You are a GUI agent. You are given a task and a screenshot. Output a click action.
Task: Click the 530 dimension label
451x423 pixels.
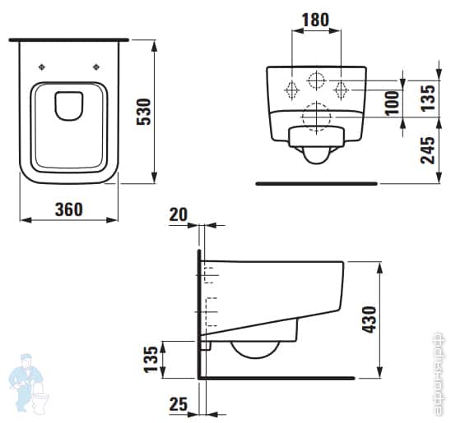(x=142, y=111)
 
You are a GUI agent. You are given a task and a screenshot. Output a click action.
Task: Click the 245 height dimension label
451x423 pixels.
(x=426, y=150)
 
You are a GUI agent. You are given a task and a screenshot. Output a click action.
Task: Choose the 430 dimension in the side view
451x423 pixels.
(x=370, y=321)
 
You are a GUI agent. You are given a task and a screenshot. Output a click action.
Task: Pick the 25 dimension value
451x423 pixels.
(x=178, y=404)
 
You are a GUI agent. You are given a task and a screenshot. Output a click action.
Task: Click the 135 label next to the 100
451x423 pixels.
(x=426, y=95)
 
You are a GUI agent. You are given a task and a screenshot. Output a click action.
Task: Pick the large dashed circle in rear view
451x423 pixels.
(x=316, y=117)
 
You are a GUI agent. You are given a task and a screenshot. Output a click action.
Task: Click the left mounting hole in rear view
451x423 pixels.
(x=291, y=88)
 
